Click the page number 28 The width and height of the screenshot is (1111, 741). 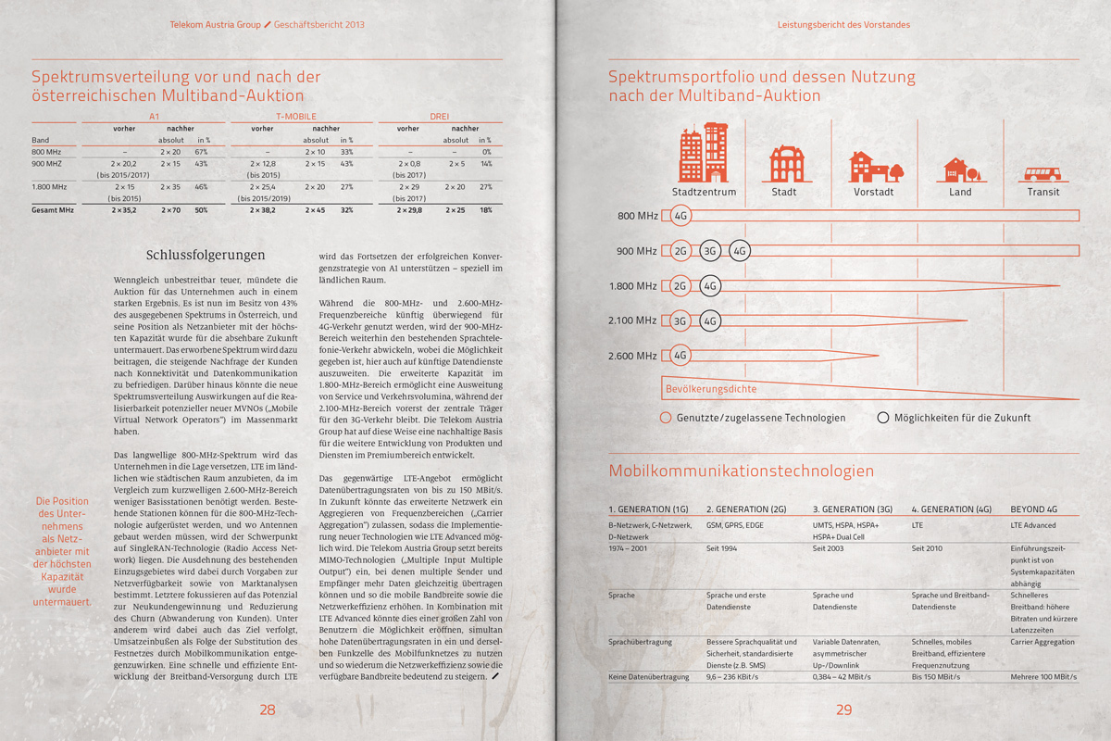(268, 710)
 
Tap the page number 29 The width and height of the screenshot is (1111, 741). (843, 710)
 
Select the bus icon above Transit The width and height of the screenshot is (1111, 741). (1042, 173)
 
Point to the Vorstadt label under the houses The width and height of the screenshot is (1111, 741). (873, 192)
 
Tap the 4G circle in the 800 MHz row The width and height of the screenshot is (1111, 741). (680, 216)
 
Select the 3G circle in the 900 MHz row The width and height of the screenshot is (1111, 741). (710, 251)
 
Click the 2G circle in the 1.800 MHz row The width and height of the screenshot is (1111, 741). (680, 286)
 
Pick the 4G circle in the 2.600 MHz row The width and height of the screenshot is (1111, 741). (680, 356)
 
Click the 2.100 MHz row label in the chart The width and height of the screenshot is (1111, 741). (633, 321)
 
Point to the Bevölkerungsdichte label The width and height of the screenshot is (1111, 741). (710, 389)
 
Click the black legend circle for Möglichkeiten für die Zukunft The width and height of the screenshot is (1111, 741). (883, 418)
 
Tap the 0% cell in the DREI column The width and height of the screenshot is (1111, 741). (486, 151)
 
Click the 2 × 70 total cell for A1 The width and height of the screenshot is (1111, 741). (170, 210)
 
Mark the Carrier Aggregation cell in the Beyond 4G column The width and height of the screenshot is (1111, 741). (1042, 641)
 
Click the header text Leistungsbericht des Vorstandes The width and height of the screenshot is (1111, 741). (843, 24)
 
